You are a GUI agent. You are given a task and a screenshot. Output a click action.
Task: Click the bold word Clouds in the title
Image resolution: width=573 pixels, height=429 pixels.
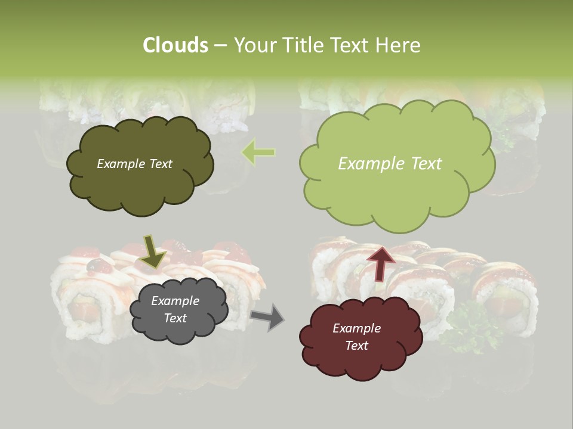[175, 45]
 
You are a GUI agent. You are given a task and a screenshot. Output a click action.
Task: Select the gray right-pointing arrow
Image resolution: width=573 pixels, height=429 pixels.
[268, 316]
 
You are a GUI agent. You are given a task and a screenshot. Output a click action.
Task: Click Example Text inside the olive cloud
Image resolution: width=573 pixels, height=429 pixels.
[134, 164]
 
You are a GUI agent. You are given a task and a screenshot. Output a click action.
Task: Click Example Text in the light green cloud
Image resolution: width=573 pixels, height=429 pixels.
[390, 164]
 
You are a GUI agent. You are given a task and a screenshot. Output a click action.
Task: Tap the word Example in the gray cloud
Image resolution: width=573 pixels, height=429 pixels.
[175, 301]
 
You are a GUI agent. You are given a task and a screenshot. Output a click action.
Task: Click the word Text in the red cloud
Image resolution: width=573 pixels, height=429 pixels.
[356, 346]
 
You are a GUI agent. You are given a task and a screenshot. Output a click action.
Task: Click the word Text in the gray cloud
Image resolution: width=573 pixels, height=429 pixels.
[175, 318]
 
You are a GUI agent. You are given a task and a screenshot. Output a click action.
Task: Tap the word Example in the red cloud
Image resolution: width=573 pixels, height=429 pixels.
[356, 328]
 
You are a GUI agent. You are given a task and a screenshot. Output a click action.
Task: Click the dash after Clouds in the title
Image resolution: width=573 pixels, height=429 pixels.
[220, 45]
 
